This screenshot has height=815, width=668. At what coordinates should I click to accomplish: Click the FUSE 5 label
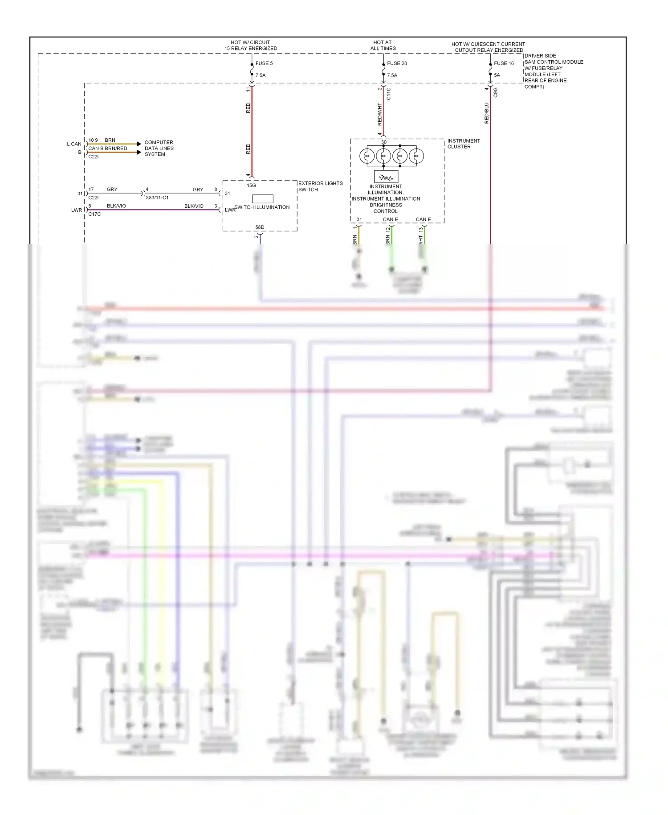264,63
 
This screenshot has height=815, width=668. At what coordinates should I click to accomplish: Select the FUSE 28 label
397,63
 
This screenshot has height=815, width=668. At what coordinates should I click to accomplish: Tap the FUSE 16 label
504,63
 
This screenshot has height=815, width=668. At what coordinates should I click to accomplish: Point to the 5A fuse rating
497,75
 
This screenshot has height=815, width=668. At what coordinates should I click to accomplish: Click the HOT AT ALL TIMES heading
383,45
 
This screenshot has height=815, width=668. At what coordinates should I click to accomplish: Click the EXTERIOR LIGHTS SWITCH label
320,186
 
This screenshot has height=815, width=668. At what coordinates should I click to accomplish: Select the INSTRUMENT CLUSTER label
463,144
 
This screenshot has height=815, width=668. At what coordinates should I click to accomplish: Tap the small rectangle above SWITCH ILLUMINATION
263,199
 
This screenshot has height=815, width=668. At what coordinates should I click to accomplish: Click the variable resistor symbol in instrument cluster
386,177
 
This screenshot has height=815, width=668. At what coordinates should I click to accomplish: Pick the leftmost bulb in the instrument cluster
367,156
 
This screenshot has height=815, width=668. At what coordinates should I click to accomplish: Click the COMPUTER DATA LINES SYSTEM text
159,148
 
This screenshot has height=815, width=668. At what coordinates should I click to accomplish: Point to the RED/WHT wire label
380,114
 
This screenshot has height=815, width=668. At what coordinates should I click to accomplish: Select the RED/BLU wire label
486,113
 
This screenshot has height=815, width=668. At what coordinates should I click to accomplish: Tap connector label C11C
389,94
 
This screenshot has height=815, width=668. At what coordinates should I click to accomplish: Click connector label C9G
495,92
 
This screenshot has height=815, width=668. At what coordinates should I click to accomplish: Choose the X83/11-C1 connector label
157,198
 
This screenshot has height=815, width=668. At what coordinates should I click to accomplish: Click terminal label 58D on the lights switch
260,227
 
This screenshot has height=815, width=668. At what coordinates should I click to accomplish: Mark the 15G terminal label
251,185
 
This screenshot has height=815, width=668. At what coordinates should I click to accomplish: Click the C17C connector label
94,214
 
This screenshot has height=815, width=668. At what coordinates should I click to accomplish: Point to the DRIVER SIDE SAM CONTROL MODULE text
553,71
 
